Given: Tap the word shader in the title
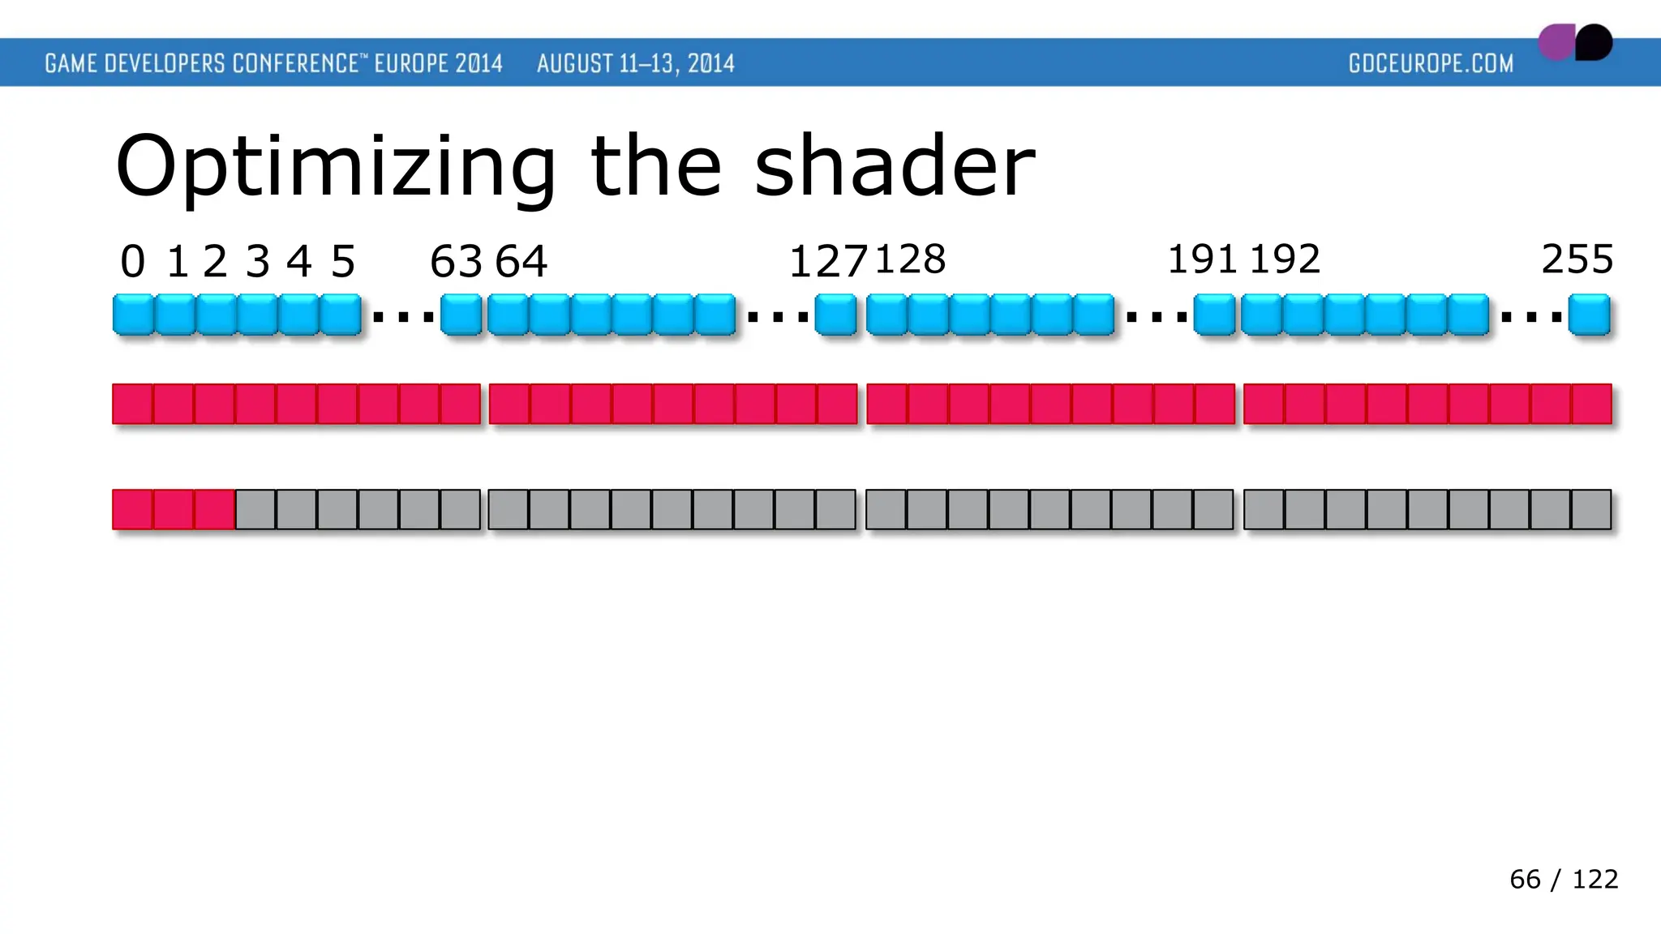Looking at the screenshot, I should [895, 166].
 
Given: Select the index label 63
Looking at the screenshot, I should [456, 262].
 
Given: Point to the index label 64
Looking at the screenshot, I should [521, 262].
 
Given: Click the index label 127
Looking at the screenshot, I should [828, 262].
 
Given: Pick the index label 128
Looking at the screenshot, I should [910, 259].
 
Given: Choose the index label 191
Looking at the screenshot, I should [1202, 259].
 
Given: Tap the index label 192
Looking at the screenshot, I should [1285, 259].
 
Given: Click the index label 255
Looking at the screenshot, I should [1577, 259].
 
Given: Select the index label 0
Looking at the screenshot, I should [133, 262].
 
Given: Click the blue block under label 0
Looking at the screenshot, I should [133, 315].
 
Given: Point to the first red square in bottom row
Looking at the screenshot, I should [133, 510].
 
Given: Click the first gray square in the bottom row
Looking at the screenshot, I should [256, 510].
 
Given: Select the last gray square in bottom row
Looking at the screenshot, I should [1591, 510].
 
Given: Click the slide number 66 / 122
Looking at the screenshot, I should [1564, 880].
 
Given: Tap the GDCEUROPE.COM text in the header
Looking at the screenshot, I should [1431, 63].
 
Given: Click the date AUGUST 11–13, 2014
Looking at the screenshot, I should [636, 63].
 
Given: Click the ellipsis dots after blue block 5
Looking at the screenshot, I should [403, 317].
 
